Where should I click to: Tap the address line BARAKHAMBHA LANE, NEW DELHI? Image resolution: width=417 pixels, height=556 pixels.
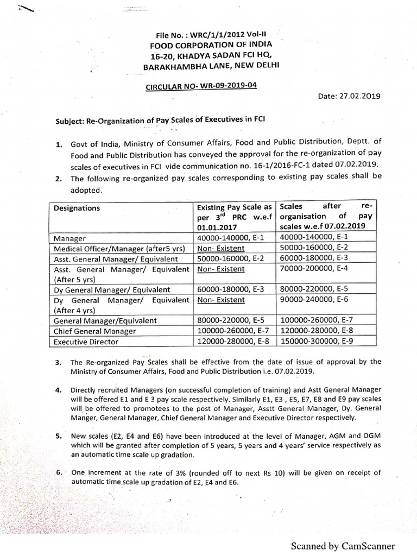[x=212, y=67]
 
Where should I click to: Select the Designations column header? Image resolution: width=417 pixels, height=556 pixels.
[x=77, y=208]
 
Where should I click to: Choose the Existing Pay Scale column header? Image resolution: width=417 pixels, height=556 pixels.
[x=234, y=208]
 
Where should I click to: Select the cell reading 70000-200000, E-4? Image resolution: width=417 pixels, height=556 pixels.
[x=312, y=269]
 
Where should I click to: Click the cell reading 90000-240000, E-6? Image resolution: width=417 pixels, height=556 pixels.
[x=312, y=300]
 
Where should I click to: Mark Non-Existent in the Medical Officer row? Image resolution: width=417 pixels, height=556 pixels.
[x=221, y=249]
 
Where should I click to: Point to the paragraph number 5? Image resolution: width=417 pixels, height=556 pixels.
[x=58, y=435]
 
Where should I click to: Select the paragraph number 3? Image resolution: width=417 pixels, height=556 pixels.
[x=58, y=362]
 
